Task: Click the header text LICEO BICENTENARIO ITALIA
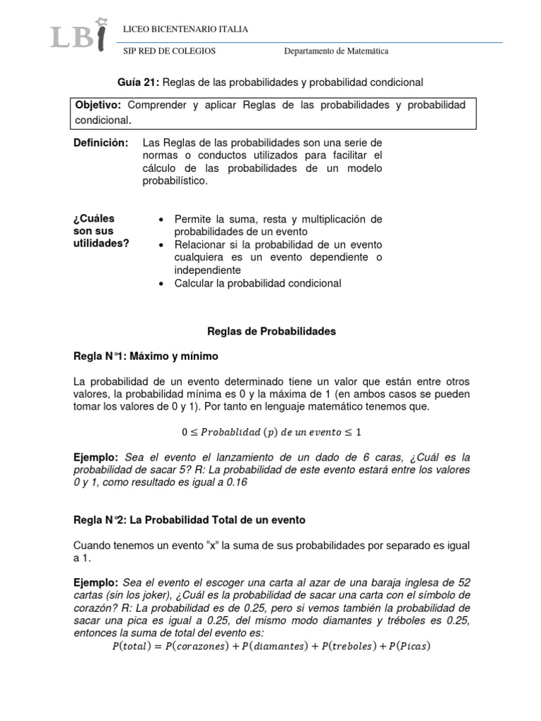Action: tap(185, 29)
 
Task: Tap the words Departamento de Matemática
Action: tap(336, 51)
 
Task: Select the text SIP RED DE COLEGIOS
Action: tap(169, 51)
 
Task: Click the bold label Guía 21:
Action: tap(138, 82)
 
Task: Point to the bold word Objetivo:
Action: tap(99, 105)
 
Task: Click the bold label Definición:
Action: tap(101, 143)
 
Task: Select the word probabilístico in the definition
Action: tap(175, 181)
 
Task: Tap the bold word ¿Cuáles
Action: tap(94, 219)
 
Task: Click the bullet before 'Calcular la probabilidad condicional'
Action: tap(162, 283)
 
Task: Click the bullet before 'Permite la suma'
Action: tap(162, 220)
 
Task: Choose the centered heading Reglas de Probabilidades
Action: tap(271, 331)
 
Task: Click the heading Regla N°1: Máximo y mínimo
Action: tap(146, 356)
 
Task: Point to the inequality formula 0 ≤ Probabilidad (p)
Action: tap(271, 432)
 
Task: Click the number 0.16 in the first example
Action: tap(236, 483)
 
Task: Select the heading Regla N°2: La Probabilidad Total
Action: tap(189, 520)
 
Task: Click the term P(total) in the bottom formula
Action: tap(135, 646)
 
